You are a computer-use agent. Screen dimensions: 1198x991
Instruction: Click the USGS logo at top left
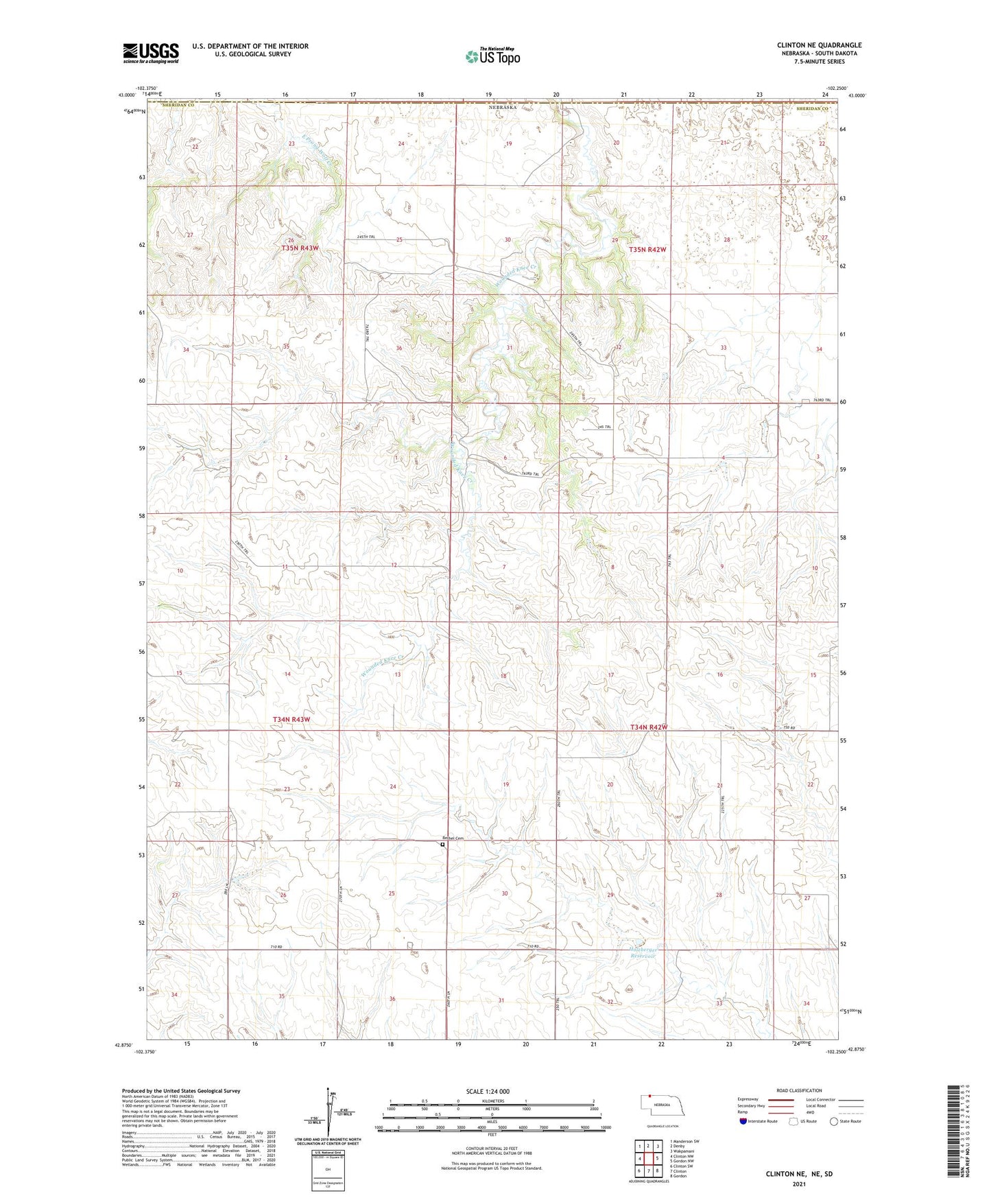tap(151, 53)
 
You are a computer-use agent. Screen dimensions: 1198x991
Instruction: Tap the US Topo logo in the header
tap(492, 56)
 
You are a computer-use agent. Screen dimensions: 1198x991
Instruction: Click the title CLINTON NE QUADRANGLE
tap(819, 45)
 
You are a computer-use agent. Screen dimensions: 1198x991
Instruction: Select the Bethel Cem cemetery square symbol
tap(443, 845)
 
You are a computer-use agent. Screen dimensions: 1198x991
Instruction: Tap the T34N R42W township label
tap(649, 727)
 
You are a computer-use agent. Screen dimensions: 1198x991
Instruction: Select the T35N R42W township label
tap(647, 250)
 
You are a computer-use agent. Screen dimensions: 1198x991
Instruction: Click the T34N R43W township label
tap(291, 719)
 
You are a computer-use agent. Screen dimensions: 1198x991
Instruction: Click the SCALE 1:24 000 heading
tap(488, 1091)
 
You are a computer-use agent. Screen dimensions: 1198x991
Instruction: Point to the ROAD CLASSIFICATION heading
tap(799, 1090)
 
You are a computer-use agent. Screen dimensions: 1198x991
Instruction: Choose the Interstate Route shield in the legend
tap(743, 1121)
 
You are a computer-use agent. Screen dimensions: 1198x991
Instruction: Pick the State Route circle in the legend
tap(834, 1121)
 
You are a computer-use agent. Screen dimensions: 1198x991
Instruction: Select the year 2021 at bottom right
tap(799, 1184)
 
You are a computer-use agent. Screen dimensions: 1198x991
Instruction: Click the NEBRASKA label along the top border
tap(502, 108)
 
